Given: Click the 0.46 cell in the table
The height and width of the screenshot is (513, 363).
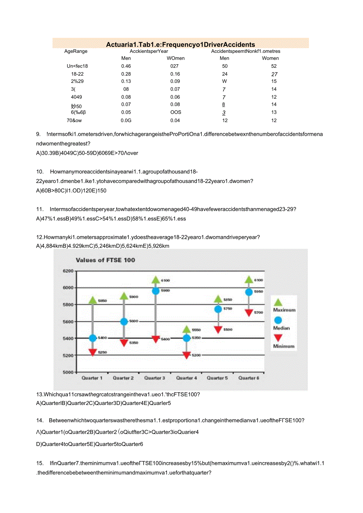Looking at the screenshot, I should [x=126, y=66].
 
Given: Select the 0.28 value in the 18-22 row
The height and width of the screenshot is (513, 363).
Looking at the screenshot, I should [x=126, y=74].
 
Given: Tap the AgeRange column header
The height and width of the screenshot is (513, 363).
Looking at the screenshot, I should [x=76, y=51].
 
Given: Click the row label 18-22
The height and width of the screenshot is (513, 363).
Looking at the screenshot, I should [x=77, y=74].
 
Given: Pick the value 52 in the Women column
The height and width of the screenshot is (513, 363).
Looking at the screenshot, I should [x=274, y=66].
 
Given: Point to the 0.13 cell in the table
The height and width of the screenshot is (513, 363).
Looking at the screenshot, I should [x=126, y=82].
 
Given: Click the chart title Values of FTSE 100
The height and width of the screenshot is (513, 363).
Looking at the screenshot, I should [x=105, y=260].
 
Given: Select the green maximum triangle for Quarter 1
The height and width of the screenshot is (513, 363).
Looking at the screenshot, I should [x=92, y=300].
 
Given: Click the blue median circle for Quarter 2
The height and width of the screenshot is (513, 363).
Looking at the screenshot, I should [x=124, y=321].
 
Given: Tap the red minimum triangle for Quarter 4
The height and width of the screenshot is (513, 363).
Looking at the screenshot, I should [x=187, y=355].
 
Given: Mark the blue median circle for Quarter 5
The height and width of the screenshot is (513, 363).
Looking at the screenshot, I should [x=218, y=309].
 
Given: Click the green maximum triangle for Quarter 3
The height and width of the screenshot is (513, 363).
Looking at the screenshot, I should [x=155, y=280].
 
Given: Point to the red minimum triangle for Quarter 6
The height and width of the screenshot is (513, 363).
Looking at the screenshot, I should [x=249, y=313].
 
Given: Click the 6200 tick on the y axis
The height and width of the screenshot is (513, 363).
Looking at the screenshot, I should [x=68, y=271].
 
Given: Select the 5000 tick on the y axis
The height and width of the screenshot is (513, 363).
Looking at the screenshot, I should [x=68, y=372].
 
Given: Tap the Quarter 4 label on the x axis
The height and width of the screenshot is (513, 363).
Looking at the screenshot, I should [x=187, y=378].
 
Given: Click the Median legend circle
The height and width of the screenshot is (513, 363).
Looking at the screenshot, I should [x=278, y=321].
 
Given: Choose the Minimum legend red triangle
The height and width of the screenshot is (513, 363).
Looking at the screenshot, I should [x=278, y=338].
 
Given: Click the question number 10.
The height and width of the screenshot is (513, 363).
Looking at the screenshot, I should [x=39, y=172].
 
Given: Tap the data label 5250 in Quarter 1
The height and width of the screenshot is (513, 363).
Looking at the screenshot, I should [x=103, y=352].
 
